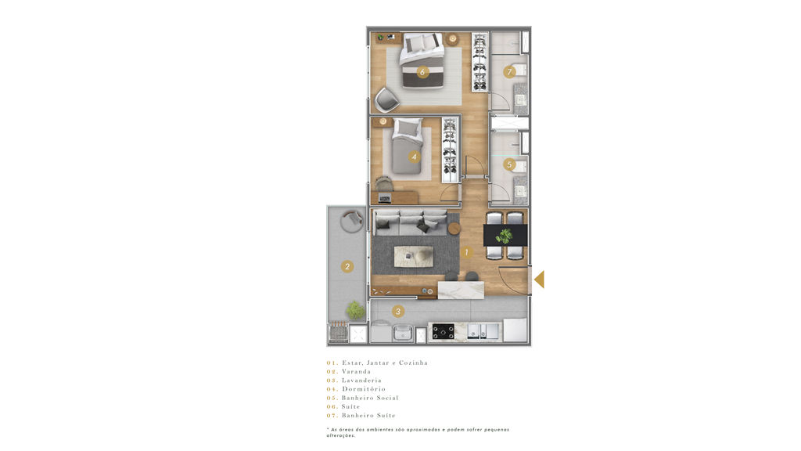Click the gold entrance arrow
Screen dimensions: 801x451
(540, 280)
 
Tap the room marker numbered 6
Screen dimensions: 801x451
(422, 72)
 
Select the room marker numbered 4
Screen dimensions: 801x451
(414, 157)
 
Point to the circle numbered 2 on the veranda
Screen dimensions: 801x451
(347, 266)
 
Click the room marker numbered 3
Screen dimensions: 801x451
(398, 311)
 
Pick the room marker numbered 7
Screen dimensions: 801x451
(508, 72)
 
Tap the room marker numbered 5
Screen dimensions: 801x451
(508, 164)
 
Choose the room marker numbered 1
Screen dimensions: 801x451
(466, 252)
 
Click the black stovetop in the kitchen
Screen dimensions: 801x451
(444, 332)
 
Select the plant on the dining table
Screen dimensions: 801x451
(505, 236)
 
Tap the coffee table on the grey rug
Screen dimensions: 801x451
(413, 256)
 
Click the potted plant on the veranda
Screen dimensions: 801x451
(356, 310)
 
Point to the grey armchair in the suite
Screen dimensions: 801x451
(386, 99)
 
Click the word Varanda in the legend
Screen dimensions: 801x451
(356, 372)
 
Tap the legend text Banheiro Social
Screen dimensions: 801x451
(370, 398)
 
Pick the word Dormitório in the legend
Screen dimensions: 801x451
(364, 389)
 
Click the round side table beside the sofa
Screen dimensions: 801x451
(454, 228)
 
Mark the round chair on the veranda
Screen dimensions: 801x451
(352, 221)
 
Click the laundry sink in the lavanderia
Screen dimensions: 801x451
(403, 333)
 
